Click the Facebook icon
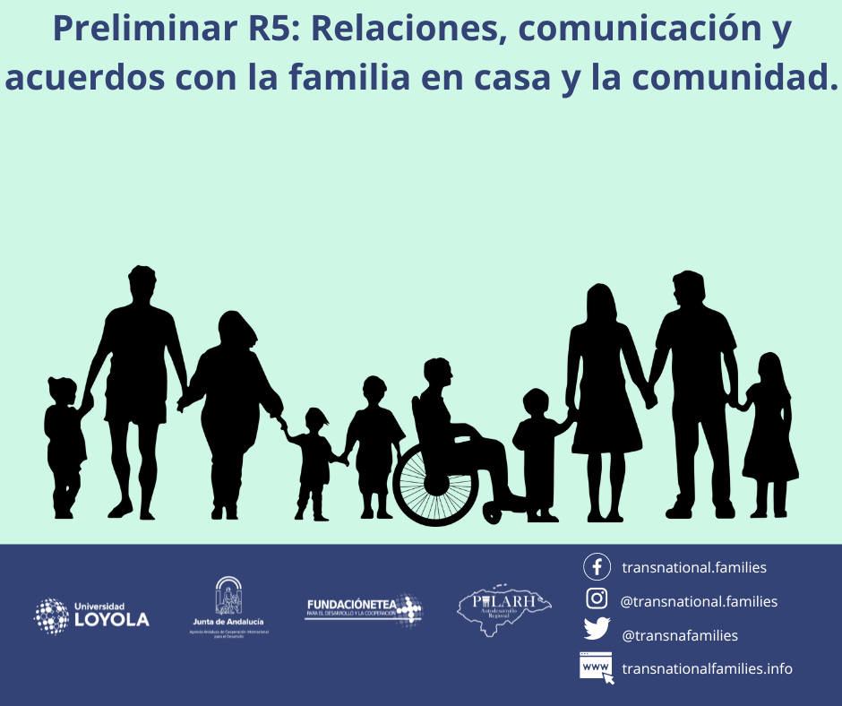[x=597, y=567]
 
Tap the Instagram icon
[x=597, y=600]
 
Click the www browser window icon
[x=597, y=667]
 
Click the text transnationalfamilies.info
[x=707, y=668]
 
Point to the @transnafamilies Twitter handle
[x=680, y=635]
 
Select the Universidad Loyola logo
[x=91, y=615]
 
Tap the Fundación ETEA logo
[x=363, y=609]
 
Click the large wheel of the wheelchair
[x=435, y=484]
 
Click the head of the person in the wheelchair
[x=438, y=373]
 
